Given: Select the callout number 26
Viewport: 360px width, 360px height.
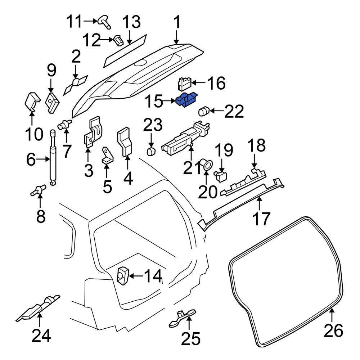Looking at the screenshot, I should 333,330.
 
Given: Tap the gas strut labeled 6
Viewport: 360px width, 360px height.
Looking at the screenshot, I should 53,158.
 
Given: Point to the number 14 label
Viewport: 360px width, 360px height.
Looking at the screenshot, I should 153,276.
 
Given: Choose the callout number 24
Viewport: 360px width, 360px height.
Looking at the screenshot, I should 41,336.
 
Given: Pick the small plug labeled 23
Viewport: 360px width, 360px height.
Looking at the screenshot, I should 151,150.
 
